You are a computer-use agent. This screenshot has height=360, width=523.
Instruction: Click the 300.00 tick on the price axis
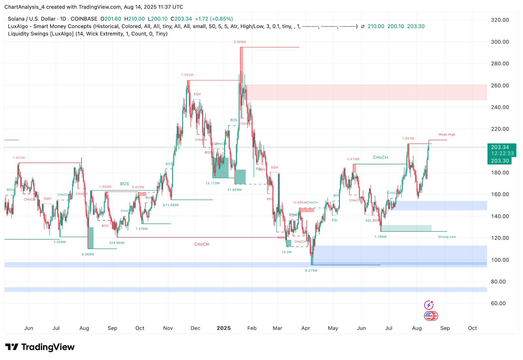500,42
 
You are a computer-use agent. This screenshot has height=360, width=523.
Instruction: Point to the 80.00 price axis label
498,282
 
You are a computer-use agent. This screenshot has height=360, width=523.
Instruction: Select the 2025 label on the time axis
224,328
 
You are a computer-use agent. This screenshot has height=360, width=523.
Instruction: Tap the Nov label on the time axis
168,328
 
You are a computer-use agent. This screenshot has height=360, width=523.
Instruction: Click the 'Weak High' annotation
447,135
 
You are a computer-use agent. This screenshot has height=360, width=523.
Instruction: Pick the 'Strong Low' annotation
447,237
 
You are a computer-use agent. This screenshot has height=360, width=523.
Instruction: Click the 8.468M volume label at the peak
240,42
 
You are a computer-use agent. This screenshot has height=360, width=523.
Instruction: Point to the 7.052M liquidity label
187,75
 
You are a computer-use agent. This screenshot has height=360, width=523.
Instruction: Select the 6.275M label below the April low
311,270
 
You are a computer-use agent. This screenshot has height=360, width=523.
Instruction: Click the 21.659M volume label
234,190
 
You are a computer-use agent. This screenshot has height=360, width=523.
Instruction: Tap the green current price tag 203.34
500,147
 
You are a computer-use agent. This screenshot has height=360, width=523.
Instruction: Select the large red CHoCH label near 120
202,244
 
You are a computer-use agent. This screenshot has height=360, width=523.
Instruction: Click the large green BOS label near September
124,184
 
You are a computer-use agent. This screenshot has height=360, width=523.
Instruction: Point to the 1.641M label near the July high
408,139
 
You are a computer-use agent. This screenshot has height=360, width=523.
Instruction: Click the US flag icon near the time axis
429,316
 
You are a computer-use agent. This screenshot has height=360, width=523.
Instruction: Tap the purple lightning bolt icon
429,305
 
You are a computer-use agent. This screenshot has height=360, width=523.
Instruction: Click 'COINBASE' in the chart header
84,19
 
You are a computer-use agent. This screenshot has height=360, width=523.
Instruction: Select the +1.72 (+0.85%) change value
214,19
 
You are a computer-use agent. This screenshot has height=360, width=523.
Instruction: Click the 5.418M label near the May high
353,159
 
